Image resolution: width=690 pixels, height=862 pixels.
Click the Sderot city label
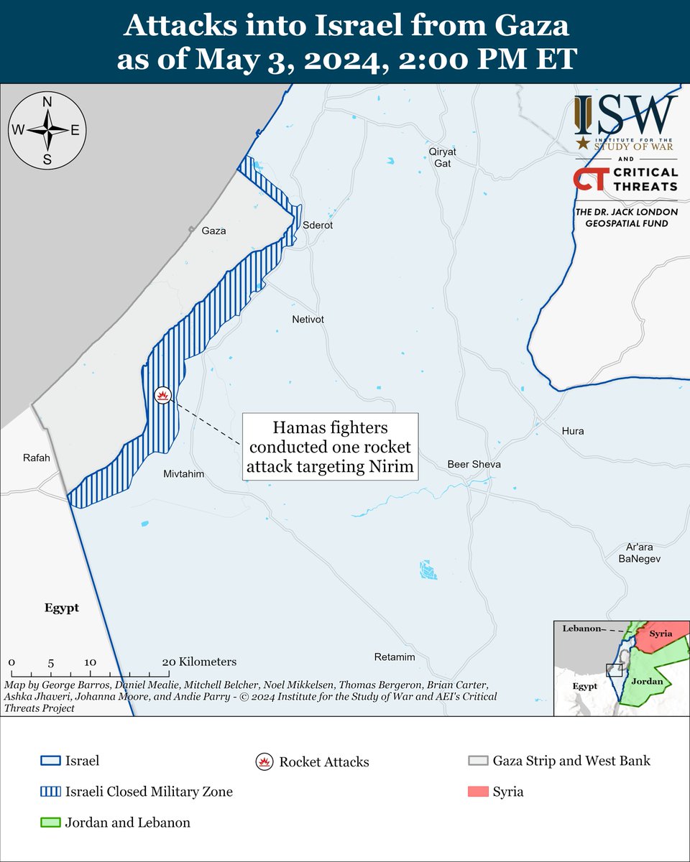point(318,225)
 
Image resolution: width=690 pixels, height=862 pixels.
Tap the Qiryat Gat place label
point(442,157)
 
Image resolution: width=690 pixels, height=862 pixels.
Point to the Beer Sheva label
point(474,464)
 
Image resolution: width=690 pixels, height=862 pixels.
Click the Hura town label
point(573,431)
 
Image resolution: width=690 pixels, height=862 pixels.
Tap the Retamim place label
point(395,657)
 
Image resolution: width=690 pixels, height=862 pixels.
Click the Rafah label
point(37,458)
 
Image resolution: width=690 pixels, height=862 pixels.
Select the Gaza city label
point(214,231)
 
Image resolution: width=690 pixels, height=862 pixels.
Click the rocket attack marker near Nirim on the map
point(163,395)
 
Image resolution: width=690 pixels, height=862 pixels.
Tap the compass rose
point(47,130)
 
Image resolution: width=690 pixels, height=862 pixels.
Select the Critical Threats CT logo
point(589,180)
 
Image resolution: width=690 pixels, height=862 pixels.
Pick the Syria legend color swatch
point(478,792)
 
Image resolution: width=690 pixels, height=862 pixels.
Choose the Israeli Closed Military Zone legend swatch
point(49,792)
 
